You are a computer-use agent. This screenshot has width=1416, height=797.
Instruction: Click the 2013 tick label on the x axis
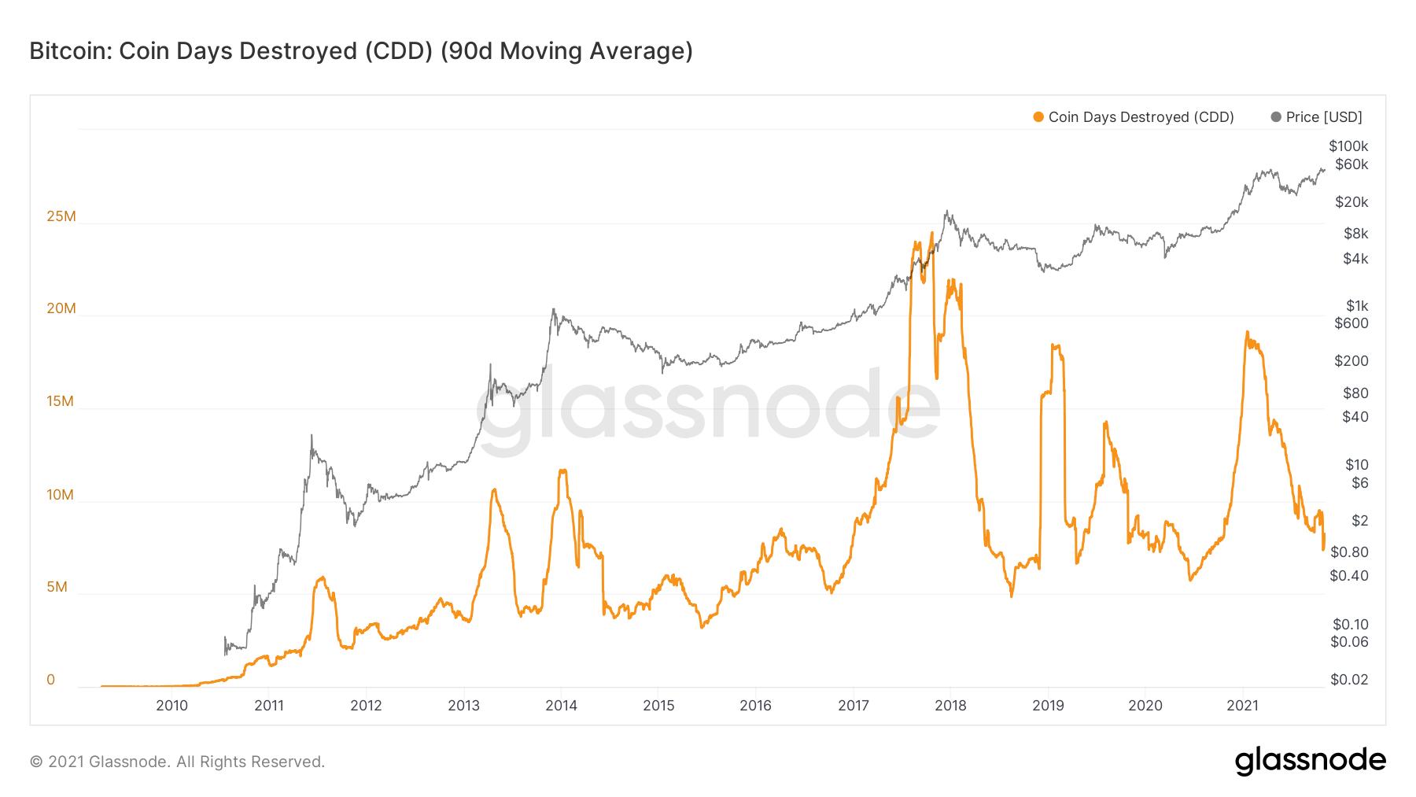click(x=463, y=706)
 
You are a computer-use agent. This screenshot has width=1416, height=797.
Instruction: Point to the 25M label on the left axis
click(x=61, y=216)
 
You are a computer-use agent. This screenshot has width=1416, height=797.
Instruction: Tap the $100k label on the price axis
click(x=1348, y=146)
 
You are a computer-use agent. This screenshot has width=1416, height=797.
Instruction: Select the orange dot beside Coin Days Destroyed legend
click(x=1038, y=117)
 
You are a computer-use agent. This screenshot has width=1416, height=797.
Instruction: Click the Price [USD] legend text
click(x=1324, y=117)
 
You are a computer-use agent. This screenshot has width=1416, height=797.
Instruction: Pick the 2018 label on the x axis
click(x=950, y=706)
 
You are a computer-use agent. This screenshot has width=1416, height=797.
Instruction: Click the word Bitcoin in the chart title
click(x=71, y=51)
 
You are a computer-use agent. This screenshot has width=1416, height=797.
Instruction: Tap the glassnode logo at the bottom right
click(x=1310, y=761)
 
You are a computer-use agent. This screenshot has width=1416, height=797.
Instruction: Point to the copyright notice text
click(x=177, y=762)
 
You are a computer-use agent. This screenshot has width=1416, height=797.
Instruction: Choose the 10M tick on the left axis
click(x=60, y=495)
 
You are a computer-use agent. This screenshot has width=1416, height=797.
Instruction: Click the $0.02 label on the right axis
click(x=1349, y=680)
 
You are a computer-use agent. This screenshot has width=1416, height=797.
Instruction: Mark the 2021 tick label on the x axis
click(x=1243, y=706)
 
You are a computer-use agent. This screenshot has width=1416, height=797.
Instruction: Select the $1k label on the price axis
click(x=1357, y=306)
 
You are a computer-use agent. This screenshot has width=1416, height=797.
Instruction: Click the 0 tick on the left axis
click(x=51, y=680)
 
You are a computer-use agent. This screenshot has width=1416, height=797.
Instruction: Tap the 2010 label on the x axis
click(x=171, y=706)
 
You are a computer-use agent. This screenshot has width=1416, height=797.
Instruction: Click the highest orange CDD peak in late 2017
click(x=932, y=233)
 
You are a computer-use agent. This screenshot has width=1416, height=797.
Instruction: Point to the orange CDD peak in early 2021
click(x=1248, y=333)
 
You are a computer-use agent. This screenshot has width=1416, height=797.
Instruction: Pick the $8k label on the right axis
click(x=1356, y=234)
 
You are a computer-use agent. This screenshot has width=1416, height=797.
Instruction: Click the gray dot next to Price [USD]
click(x=1276, y=117)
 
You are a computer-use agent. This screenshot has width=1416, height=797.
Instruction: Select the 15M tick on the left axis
click(x=60, y=401)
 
